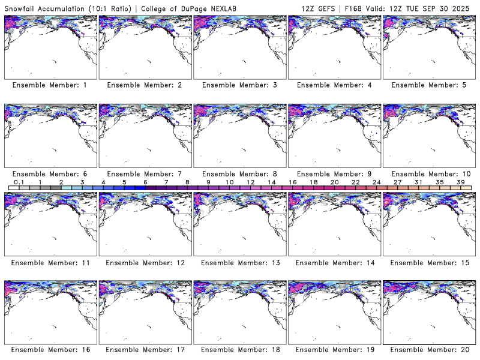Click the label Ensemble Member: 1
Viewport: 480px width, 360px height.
point(49,85)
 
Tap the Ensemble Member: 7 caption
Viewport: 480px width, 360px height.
point(144,173)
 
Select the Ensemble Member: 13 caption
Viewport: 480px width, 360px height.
point(239,262)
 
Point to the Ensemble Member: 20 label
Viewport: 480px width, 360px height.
point(428,350)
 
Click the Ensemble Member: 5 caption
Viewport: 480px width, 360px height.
point(428,85)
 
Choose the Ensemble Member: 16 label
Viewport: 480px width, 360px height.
point(49,350)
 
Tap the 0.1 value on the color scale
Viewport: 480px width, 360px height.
point(19,182)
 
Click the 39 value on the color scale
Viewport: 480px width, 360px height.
point(461,182)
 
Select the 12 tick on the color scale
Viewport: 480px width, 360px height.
point(250,182)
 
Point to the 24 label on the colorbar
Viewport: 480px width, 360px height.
point(377,182)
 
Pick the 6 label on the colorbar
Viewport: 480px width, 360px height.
point(145,182)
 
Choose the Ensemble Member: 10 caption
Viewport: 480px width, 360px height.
point(428,173)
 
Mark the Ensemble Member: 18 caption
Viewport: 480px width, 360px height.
point(239,350)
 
